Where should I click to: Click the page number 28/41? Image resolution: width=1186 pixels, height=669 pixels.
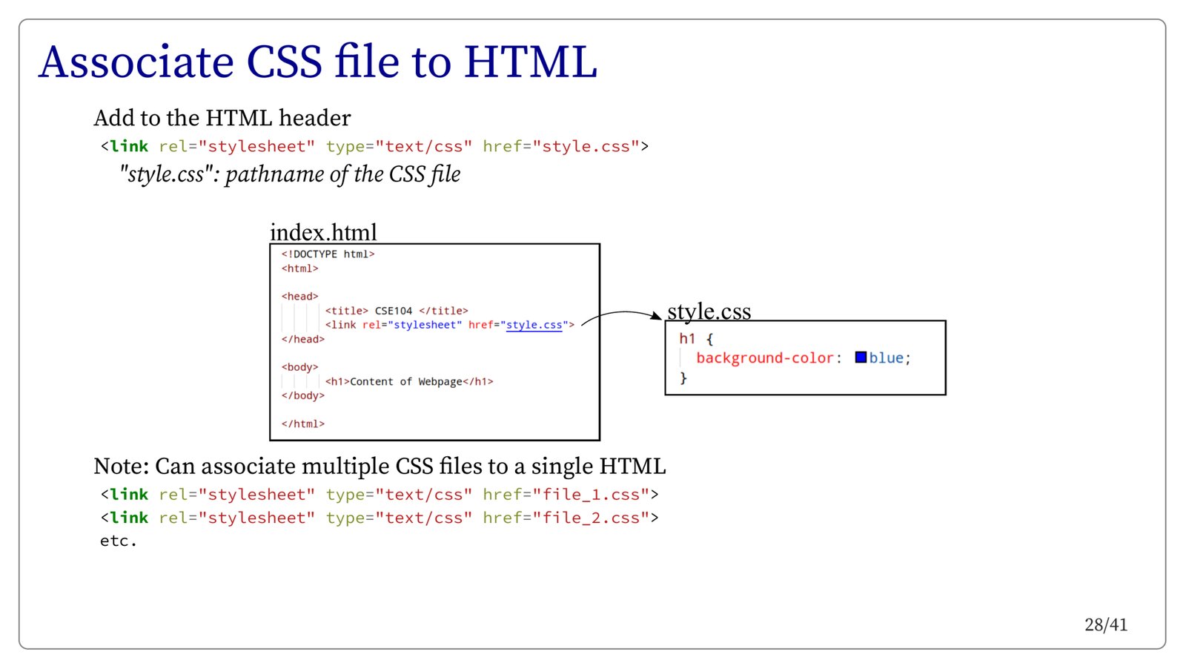[x=1105, y=624]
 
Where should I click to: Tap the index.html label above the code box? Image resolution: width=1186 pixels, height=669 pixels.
[x=323, y=232]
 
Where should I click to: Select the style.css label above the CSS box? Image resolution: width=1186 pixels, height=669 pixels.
[x=709, y=311]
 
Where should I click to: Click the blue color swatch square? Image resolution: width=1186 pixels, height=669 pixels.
[x=861, y=357]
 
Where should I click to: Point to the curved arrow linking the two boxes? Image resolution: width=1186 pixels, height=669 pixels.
[x=621, y=314]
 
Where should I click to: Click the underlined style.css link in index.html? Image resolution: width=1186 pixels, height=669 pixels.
[x=534, y=325]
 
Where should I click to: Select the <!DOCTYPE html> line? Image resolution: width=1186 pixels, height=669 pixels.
[x=328, y=254]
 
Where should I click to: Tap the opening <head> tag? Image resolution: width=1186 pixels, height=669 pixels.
[x=299, y=297]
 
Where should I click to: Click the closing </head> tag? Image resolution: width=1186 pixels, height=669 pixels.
[x=302, y=339]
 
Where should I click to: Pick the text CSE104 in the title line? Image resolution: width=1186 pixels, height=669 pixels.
[x=393, y=311]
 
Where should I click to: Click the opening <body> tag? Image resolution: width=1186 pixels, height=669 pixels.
[x=299, y=367]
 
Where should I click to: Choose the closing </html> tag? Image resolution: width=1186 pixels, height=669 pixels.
[x=302, y=424]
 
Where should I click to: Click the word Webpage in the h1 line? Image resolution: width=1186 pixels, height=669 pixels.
[x=440, y=381]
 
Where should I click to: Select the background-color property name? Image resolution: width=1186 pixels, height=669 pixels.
[x=765, y=358]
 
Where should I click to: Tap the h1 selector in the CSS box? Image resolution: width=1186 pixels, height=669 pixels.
[x=687, y=339]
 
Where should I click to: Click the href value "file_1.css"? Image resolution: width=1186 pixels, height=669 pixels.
[x=591, y=495]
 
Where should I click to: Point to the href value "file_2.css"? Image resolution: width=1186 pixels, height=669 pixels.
[x=591, y=518]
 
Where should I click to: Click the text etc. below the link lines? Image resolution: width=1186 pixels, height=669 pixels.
[x=119, y=541]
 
